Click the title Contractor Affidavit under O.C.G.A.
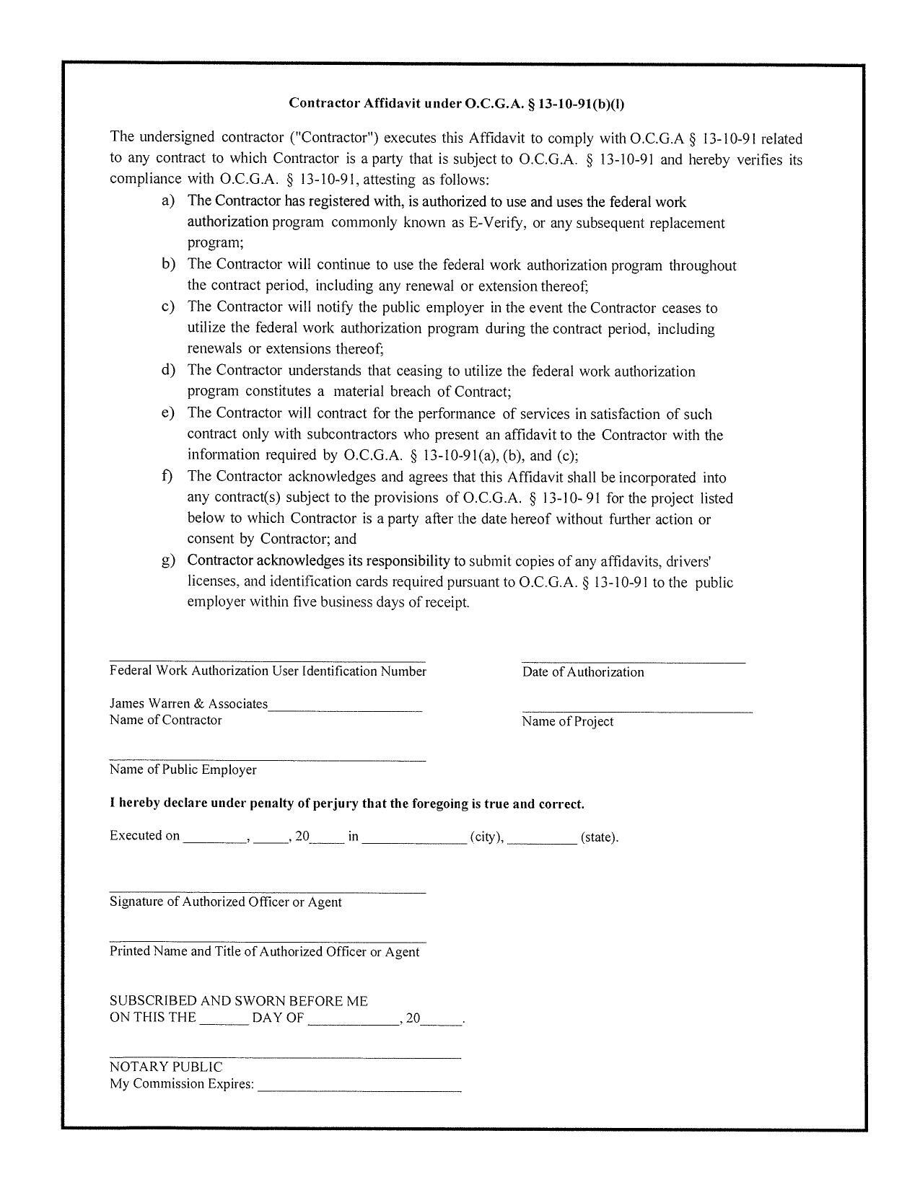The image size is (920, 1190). point(456,103)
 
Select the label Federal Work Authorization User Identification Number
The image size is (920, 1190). point(268,671)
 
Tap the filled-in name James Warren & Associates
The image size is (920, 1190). point(188,704)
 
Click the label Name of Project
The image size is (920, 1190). point(567,722)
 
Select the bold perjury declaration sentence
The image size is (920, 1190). point(346,804)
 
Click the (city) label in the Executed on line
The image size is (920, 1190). point(486,837)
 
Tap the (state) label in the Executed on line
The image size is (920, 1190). point(598,837)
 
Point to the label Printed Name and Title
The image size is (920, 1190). point(264,952)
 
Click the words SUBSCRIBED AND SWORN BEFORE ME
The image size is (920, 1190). point(238,1001)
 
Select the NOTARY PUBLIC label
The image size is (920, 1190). point(166,1067)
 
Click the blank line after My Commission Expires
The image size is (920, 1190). point(359,1088)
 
